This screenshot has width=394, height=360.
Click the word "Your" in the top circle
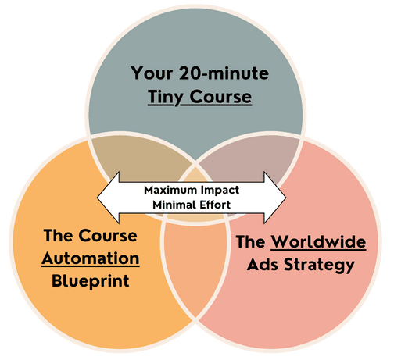click(x=152, y=73)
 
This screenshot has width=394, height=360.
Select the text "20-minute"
click(x=224, y=73)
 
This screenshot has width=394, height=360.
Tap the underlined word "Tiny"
click(x=166, y=98)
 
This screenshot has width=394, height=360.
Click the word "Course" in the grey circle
click(x=220, y=97)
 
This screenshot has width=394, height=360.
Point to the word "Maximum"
click(x=170, y=190)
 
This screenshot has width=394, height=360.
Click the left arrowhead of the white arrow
click(x=108, y=198)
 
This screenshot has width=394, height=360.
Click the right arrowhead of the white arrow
click(x=275, y=198)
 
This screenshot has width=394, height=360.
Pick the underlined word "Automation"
click(x=91, y=258)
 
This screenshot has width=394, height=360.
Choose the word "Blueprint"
click(x=91, y=282)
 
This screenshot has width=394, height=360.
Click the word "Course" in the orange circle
click(x=108, y=236)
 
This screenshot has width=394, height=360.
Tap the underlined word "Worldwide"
click(x=318, y=242)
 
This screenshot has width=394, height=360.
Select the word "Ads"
click(x=263, y=265)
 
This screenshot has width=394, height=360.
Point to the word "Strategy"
click(x=319, y=266)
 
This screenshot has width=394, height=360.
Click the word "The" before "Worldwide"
click(x=251, y=242)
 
